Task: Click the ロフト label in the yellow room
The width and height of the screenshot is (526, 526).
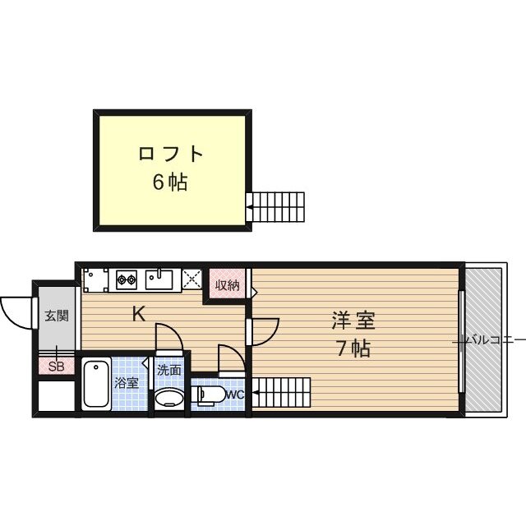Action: click(x=170, y=155)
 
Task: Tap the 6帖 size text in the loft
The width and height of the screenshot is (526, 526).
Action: click(x=169, y=182)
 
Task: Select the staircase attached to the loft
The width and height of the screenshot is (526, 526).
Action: click(x=276, y=206)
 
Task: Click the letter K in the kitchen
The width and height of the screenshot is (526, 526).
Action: click(x=140, y=313)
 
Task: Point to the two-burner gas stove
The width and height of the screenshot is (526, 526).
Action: click(x=127, y=279)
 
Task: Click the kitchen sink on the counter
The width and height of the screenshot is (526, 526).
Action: click(x=159, y=279)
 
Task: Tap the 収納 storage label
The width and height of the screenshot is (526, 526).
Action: click(x=228, y=285)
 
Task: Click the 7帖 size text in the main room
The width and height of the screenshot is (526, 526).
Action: click(x=352, y=349)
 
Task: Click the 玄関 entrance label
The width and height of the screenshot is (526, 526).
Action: click(x=57, y=315)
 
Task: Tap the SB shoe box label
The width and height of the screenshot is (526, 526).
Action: click(x=56, y=367)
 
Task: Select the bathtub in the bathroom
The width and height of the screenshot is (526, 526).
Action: click(x=97, y=384)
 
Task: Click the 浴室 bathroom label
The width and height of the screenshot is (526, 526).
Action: click(x=127, y=382)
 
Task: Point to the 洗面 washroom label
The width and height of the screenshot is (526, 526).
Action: click(x=169, y=370)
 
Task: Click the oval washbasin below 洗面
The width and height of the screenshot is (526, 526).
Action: click(x=170, y=399)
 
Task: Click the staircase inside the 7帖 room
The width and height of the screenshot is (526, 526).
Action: click(x=281, y=392)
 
